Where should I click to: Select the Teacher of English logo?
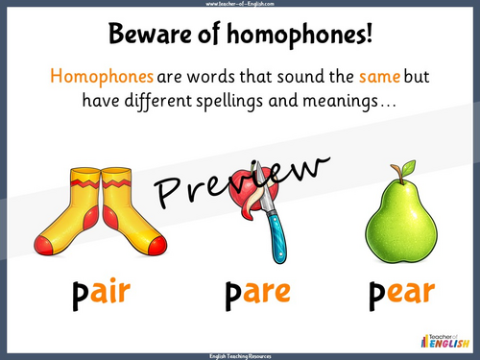[441, 339]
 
